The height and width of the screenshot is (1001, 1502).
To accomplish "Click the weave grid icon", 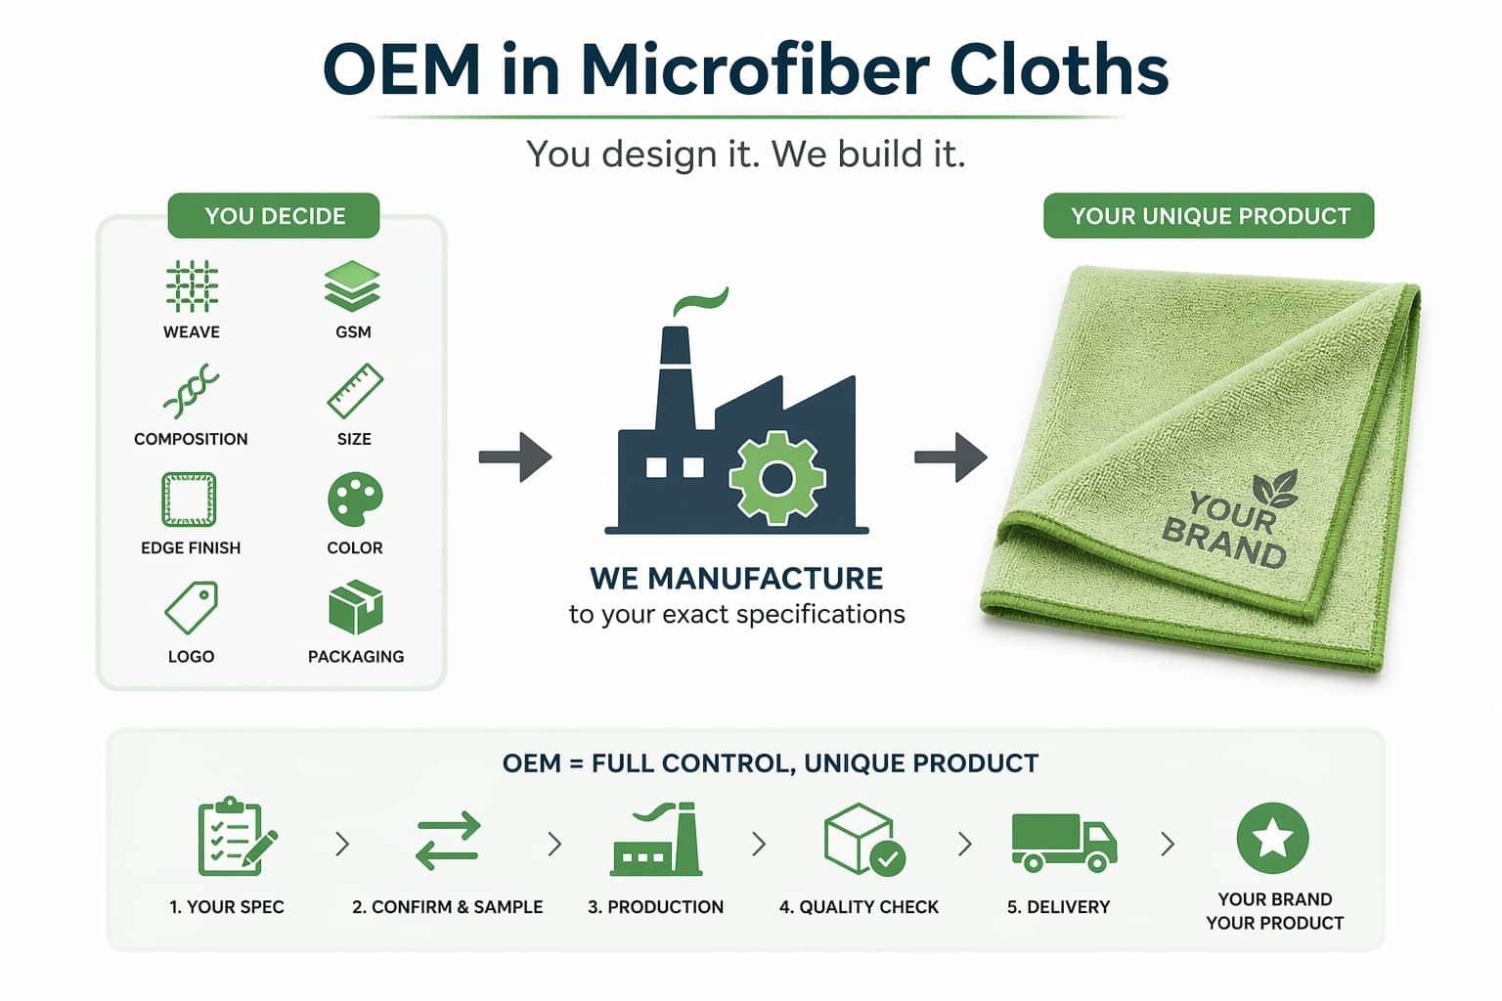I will [191, 286].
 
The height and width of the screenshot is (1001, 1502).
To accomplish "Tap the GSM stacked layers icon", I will [352, 286].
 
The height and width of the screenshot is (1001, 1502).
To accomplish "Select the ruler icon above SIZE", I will [354, 392].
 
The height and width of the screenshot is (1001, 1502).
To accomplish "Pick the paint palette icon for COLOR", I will [354, 500].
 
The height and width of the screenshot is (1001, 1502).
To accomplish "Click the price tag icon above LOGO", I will [191, 608].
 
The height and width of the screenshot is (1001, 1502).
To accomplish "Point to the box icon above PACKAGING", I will [355, 607].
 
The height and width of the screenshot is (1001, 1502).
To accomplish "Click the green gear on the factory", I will [777, 478].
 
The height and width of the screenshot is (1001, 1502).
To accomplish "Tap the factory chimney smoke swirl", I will [700, 301].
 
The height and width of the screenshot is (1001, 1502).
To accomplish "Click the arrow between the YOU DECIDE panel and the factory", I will [514, 457].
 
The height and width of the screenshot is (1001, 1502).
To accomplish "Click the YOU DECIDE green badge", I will [274, 216].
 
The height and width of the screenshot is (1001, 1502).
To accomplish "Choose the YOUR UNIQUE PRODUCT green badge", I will [1209, 216].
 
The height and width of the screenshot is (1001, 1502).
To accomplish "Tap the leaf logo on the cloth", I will [1275, 488].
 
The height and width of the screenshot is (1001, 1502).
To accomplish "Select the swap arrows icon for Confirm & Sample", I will [448, 841].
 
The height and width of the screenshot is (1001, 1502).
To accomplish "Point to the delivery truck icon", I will [1063, 842].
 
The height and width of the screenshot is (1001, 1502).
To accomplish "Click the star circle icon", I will [1272, 838].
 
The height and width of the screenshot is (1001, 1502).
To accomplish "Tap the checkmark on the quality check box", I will [887, 858].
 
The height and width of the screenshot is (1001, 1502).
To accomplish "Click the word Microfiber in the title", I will [748, 70].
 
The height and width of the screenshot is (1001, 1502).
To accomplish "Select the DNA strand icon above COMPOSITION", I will [191, 392].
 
